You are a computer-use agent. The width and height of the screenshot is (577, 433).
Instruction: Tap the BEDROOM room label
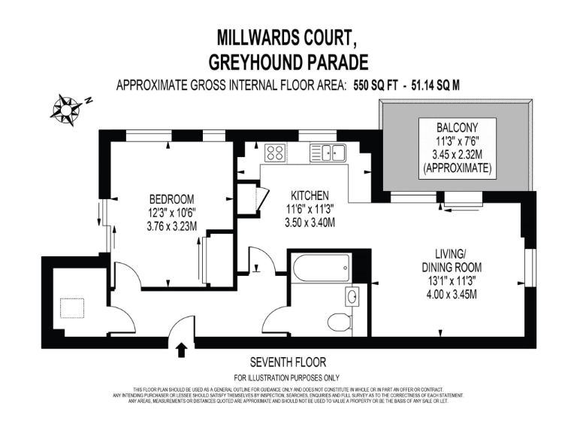click(x=171, y=199)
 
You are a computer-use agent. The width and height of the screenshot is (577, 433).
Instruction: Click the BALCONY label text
click(x=457, y=125)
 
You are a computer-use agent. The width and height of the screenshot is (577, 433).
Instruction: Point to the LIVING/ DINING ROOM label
click(x=452, y=260)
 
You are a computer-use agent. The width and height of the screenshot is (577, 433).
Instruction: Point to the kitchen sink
click(x=331, y=153)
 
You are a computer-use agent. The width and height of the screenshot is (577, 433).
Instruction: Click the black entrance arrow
click(x=180, y=350)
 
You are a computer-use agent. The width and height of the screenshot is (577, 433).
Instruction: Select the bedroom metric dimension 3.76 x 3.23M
click(x=171, y=226)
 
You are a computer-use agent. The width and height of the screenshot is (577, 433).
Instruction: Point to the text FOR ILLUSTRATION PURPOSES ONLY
click(x=287, y=377)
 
